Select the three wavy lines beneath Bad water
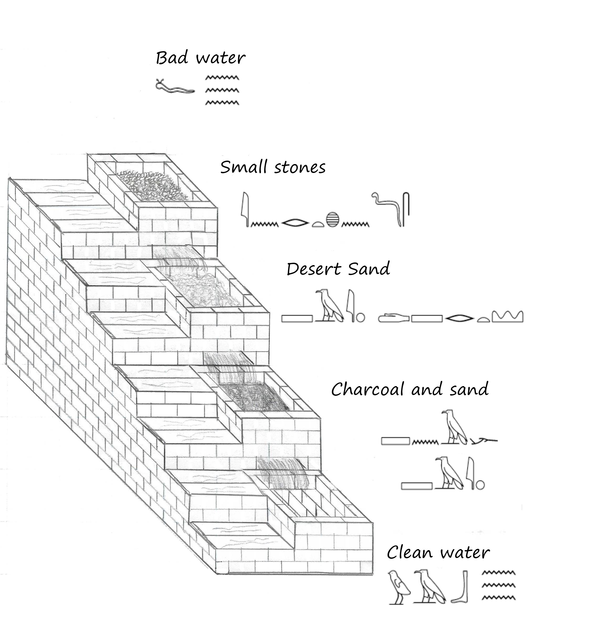pos(222,90)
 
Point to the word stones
pos(300,167)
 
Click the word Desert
pos(314,269)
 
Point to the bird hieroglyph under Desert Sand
pos(329,306)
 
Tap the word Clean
pos(409,553)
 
